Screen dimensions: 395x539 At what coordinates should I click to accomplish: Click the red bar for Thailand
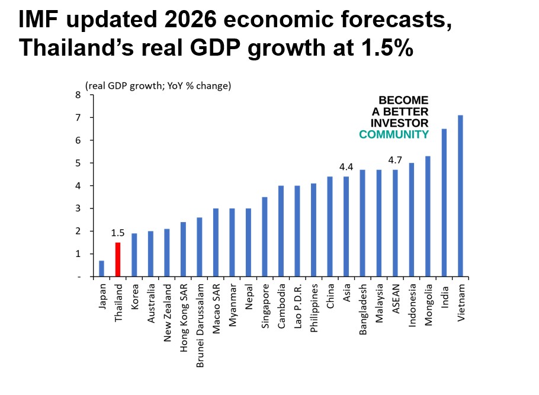coord(118,259)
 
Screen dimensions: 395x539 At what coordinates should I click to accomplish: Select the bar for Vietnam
coord(460,195)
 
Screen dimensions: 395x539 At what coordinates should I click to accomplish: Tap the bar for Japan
coord(101,268)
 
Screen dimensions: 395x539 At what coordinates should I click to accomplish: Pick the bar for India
coord(444,203)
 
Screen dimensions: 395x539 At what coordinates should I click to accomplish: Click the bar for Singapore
coord(265,237)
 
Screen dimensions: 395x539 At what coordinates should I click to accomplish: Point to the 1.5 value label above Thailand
coord(118,233)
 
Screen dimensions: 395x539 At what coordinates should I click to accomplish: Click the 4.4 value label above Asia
coord(346,167)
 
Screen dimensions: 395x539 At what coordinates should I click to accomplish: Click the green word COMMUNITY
coord(394,134)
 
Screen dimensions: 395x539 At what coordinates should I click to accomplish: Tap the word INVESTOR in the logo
coord(399,123)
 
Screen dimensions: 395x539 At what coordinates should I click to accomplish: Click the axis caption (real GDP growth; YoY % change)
coord(158,86)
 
